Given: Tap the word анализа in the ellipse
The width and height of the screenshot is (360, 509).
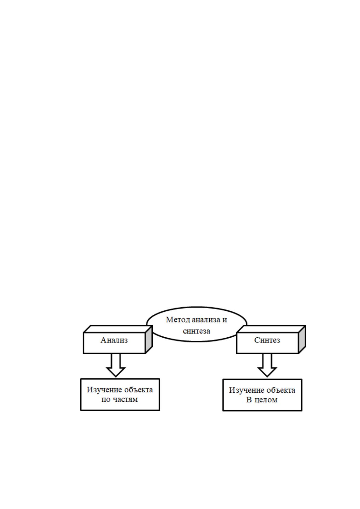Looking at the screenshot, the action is (206, 320).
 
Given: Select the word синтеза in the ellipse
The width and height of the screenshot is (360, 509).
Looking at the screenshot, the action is (196, 331).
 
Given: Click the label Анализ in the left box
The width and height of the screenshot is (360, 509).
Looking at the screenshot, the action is (114, 340).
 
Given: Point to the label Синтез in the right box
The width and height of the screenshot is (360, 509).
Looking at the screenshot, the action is (267, 340).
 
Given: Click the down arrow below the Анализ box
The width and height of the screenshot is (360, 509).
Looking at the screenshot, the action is (116, 365).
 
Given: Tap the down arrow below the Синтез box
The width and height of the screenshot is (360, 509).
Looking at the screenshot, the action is (267, 365).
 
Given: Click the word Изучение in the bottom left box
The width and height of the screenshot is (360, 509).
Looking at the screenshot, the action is (105, 390).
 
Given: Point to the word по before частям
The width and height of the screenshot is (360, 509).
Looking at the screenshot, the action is (106, 400).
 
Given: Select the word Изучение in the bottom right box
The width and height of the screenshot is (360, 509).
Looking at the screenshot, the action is (247, 390).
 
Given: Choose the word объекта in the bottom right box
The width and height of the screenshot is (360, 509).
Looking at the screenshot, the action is (281, 390).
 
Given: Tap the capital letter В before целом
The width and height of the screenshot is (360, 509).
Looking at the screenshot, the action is (249, 400).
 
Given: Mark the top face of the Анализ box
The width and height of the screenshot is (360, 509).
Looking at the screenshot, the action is (118, 329).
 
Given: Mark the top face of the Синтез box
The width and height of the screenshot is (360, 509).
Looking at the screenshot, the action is (271, 329).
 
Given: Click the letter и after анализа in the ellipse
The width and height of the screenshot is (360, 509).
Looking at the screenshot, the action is (225, 320).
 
